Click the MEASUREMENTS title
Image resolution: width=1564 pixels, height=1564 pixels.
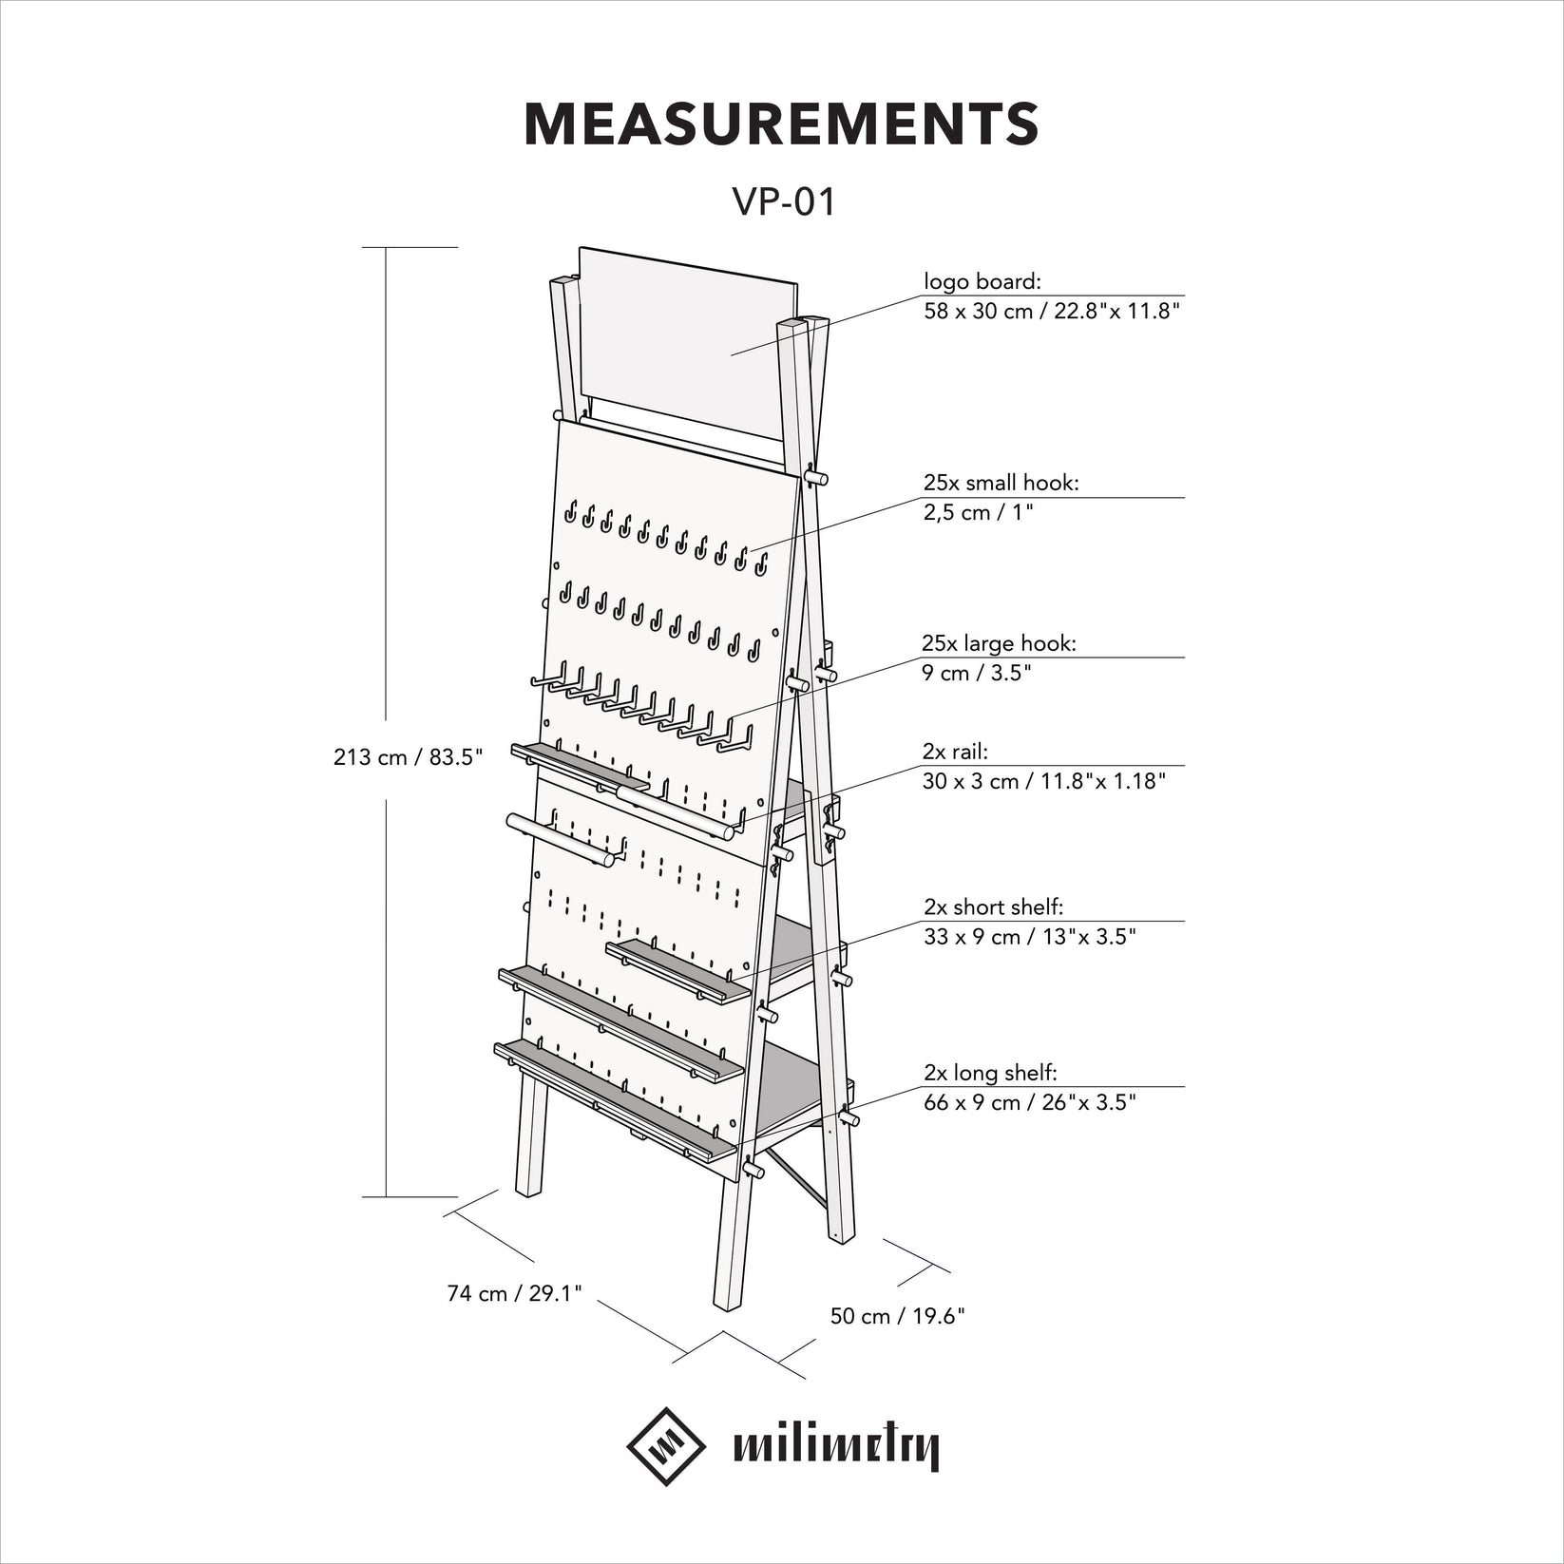[x=781, y=124]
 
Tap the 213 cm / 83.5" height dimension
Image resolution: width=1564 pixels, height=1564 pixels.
[x=409, y=757]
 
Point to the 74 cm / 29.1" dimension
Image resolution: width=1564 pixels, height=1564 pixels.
[x=514, y=1293]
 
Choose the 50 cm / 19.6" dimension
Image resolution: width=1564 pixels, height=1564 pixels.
[x=897, y=1316]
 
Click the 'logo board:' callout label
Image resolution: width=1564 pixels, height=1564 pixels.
[x=982, y=281]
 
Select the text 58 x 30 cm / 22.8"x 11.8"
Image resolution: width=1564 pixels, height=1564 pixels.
[x=1052, y=312]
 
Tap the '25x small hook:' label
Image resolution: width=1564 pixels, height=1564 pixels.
[x=1001, y=483]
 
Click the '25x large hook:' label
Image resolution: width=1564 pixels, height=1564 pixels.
[x=999, y=643]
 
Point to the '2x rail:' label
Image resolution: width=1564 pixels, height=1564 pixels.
[x=955, y=752]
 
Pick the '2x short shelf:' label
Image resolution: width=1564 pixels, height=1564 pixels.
[x=993, y=907]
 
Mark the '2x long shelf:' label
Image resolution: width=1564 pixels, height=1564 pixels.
[x=990, y=1073]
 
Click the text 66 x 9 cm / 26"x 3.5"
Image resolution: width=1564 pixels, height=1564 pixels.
[x=1030, y=1103]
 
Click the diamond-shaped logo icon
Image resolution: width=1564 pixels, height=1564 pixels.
[x=666, y=1447]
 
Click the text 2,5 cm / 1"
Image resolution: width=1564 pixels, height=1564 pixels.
[x=978, y=513]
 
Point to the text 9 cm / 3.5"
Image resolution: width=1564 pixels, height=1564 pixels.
[x=977, y=674]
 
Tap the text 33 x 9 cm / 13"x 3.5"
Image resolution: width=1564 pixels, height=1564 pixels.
[x=1030, y=937]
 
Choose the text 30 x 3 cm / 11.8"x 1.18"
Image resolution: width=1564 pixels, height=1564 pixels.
[x=1043, y=781]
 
